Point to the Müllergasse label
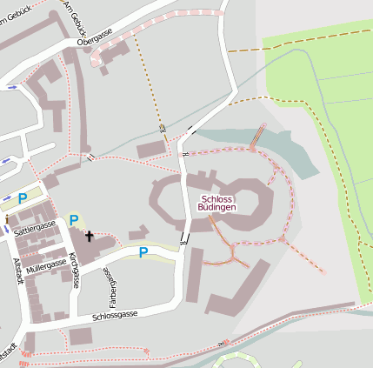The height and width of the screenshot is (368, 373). pyautogui.click(x=45, y=264)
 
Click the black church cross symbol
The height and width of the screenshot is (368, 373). pyautogui.click(x=89, y=236)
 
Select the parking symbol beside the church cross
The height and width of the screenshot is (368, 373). pyautogui.click(x=74, y=220)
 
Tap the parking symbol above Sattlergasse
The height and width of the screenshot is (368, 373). pyautogui.click(x=23, y=198)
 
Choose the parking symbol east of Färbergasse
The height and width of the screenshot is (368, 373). pyautogui.click(x=143, y=252)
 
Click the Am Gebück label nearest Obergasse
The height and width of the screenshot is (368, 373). pyautogui.click(x=70, y=13)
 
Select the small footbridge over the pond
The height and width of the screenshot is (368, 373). pyautogui.click(x=257, y=137)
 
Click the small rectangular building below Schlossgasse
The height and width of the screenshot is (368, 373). pyautogui.click(x=80, y=336)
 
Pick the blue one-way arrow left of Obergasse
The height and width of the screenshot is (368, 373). pyautogui.click(x=12, y=87)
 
